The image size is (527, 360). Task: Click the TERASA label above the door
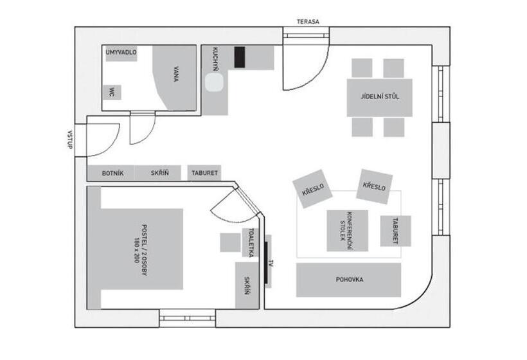(x=308, y=22)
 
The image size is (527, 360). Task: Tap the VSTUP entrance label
(x=70, y=140)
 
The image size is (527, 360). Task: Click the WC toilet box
(x=112, y=93)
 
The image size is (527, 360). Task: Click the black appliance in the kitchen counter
(x=240, y=57)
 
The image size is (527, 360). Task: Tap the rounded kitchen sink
(x=215, y=82)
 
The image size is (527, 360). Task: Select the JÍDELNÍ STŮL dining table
(x=380, y=98)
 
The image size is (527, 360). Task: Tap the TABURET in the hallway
(x=204, y=173)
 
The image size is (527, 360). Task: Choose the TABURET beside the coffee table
(x=396, y=231)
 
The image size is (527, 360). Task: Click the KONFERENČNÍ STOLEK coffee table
(x=348, y=231)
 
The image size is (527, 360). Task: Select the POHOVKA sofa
(x=349, y=280)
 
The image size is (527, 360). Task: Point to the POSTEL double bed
(x=136, y=248)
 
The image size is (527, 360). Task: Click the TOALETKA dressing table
(x=250, y=243)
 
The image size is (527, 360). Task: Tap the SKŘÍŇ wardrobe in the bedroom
(x=247, y=285)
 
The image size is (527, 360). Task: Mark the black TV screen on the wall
(x=266, y=262)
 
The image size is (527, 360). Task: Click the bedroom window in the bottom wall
(x=187, y=318)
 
